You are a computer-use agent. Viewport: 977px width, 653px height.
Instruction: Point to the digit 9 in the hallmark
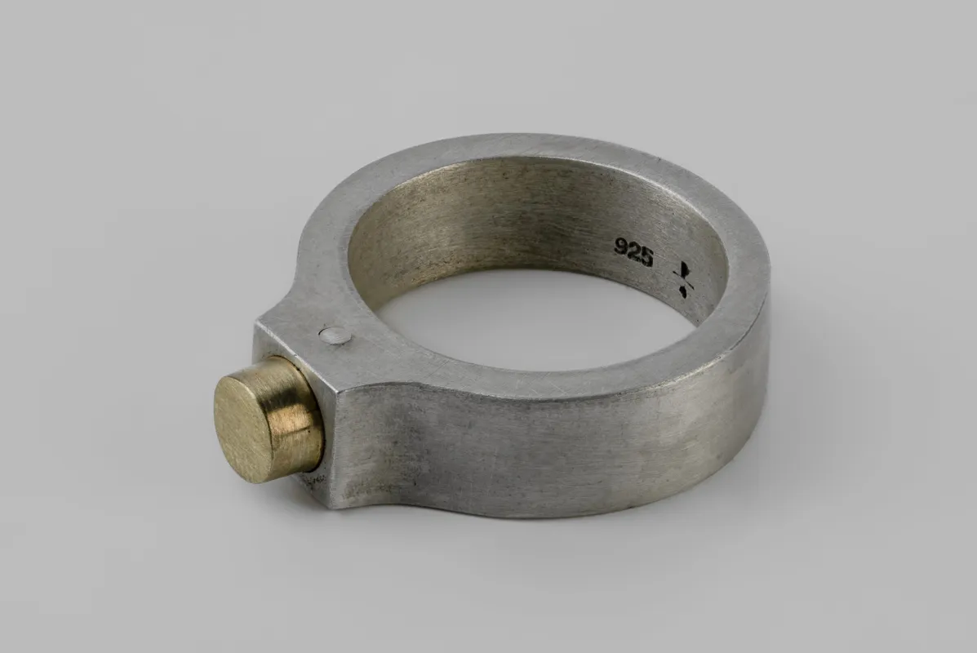pyautogui.click(x=622, y=247)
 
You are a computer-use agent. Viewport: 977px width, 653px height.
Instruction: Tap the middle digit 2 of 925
pyautogui.click(x=634, y=252)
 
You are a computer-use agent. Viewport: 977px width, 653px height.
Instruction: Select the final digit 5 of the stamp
pyautogui.click(x=646, y=257)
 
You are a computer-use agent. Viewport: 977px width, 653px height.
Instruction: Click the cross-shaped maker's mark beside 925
pyautogui.click(x=683, y=278)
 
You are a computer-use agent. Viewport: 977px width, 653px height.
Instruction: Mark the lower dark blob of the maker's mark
pyautogui.click(x=683, y=291)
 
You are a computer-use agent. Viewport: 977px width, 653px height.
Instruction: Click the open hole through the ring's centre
pyautogui.click(x=522, y=318)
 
